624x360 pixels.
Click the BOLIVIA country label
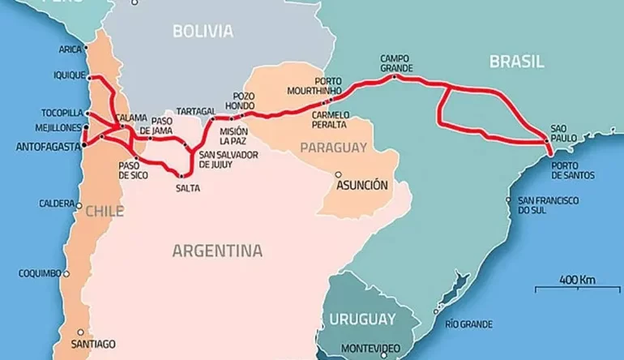(x=203, y=32)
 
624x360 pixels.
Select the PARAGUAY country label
(x=333, y=147)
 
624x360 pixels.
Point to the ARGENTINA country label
(x=217, y=250)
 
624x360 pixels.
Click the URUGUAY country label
(x=363, y=319)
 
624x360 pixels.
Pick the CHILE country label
(x=105, y=211)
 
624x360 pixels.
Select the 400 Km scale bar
(x=576, y=285)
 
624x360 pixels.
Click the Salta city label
(x=186, y=188)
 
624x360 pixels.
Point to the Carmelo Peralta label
(x=329, y=120)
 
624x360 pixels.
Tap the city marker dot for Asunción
(x=339, y=174)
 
